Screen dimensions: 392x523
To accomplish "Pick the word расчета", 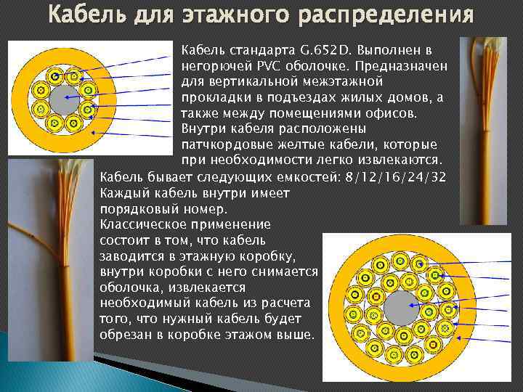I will [x=285, y=303].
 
